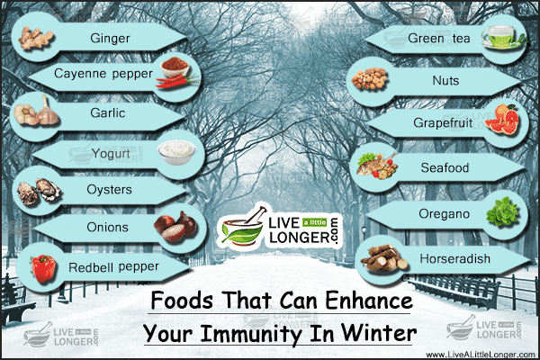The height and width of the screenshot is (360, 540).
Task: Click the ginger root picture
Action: point(35,38)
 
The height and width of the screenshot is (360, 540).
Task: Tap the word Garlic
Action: point(107,112)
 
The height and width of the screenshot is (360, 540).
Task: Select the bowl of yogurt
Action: point(177,151)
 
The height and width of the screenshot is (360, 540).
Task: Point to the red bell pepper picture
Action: point(43,268)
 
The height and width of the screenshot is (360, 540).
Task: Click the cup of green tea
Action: point(503,37)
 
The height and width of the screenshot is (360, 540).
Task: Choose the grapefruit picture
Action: point(504,120)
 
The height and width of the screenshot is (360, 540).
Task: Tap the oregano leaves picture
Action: point(502,211)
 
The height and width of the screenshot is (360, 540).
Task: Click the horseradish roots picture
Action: point(384,258)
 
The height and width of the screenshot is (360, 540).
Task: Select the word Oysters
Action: point(109,190)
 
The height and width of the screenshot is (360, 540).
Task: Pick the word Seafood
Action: point(445,167)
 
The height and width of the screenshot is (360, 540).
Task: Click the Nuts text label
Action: point(445,81)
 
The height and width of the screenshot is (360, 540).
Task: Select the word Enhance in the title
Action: point(369,301)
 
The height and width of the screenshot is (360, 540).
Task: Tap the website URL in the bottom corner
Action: point(481,355)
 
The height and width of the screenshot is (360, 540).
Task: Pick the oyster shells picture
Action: point(39,191)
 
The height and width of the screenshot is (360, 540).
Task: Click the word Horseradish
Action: point(454,258)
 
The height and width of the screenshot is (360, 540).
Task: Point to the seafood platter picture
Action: point(377,166)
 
